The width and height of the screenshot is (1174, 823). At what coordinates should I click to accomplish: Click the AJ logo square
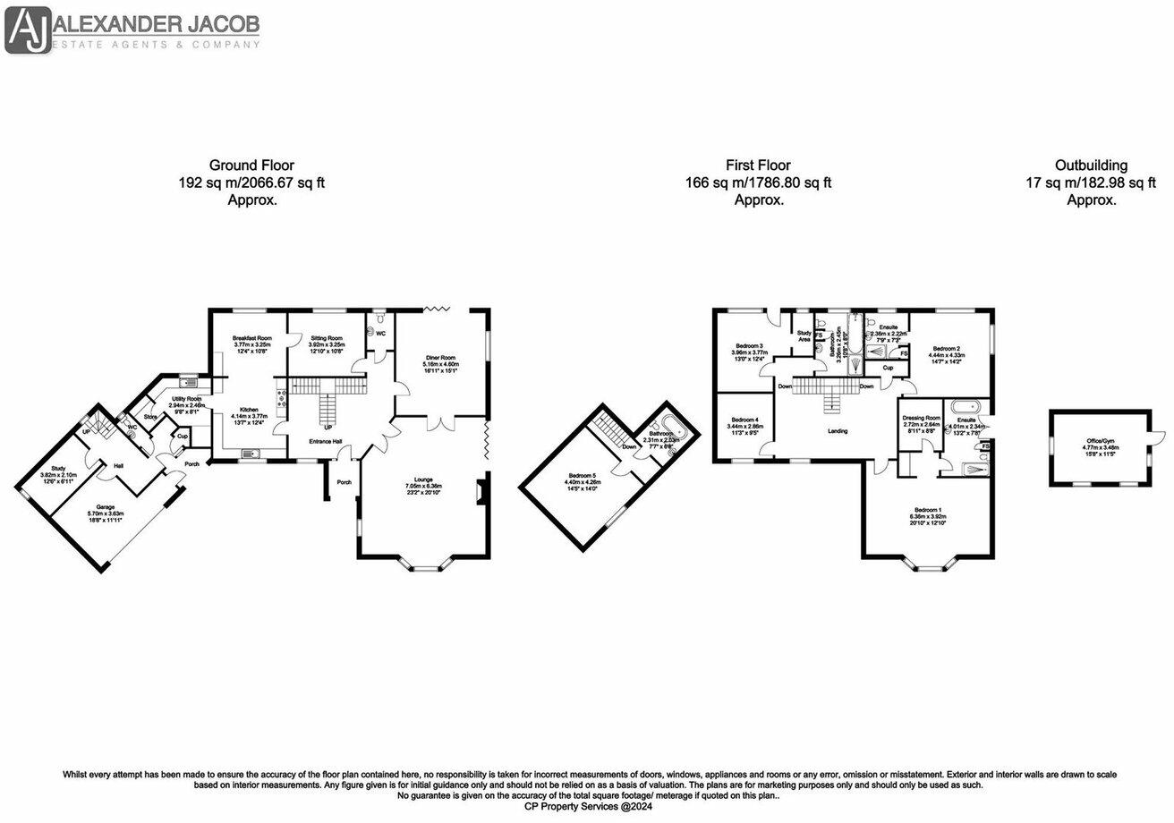27,29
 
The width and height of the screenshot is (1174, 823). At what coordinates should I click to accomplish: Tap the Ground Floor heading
251,165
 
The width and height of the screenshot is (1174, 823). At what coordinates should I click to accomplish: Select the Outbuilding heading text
1091,165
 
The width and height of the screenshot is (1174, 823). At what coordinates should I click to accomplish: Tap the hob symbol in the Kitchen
282,397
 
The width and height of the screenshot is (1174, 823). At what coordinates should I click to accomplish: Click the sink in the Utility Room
189,381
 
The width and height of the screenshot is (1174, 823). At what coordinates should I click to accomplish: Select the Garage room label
106,514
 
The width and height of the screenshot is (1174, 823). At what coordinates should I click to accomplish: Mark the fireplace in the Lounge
481,493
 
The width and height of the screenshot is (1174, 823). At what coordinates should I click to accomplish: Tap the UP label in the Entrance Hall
328,428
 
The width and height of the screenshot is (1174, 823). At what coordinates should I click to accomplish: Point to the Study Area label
804,336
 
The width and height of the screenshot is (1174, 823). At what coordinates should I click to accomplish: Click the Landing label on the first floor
837,431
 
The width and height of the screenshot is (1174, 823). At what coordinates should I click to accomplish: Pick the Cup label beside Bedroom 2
889,368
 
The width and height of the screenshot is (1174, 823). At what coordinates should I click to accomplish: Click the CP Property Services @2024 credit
588,805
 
